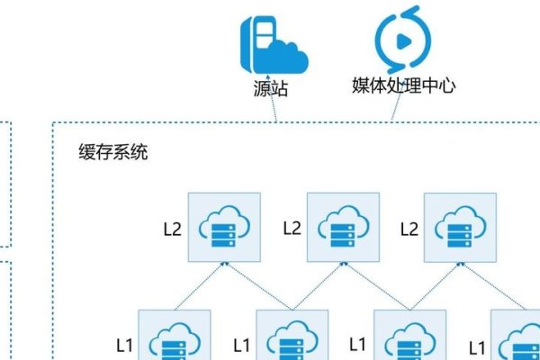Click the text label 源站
pos(274,89)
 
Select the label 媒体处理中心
pos(404,86)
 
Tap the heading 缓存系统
pos(113,151)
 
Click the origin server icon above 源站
pos(273,43)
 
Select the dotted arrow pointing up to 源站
pos(274,111)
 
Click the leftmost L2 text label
pos(173,229)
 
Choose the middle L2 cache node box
pos(342,227)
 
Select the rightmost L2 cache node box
pos(460,227)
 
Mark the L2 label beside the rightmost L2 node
pos(409,229)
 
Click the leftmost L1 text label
pos(125,344)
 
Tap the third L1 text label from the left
pos(358,344)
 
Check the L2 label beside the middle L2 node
pos(292,229)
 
